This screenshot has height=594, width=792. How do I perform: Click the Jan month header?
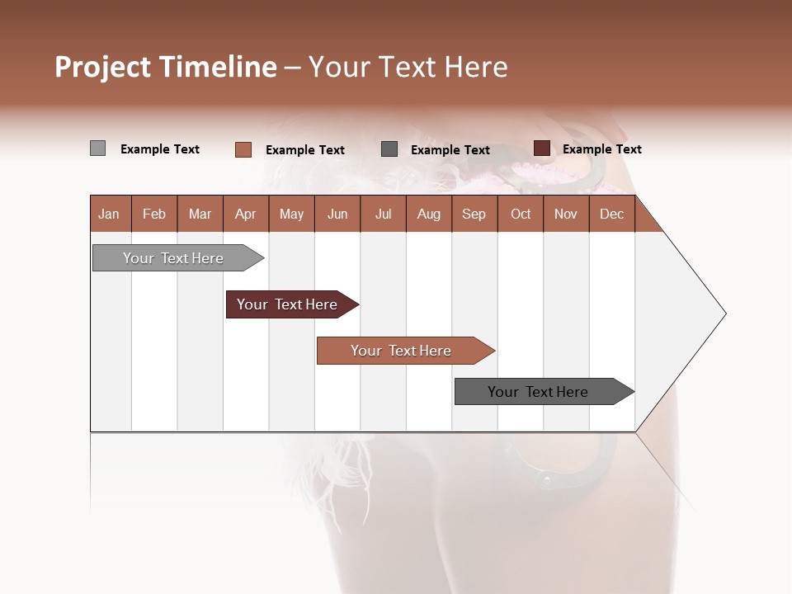(x=109, y=214)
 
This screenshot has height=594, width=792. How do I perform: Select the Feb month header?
(x=154, y=214)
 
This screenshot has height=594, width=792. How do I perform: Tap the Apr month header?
(x=245, y=214)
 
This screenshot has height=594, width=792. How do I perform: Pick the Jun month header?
(x=337, y=214)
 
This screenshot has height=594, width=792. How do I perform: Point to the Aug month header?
(x=428, y=214)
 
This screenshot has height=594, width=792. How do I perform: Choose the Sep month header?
(x=474, y=214)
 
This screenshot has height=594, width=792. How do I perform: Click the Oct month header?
(x=521, y=214)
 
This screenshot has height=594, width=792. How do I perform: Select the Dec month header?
(x=611, y=214)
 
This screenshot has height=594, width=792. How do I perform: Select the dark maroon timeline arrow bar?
(x=289, y=304)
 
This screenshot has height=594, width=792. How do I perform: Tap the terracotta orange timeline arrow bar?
(x=403, y=351)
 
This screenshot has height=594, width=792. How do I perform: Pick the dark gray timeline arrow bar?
(x=540, y=392)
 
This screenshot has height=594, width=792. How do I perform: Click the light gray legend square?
(x=97, y=148)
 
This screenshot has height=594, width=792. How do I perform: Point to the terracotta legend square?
(x=243, y=149)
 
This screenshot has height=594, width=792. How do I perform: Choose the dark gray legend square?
(x=389, y=149)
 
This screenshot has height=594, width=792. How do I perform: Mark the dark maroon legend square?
(x=541, y=148)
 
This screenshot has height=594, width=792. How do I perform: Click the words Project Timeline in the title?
(x=165, y=67)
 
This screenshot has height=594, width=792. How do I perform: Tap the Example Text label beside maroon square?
(x=601, y=149)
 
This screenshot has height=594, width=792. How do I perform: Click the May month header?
(x=291, y=214)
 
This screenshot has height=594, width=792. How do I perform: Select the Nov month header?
(x=565, y=214)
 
